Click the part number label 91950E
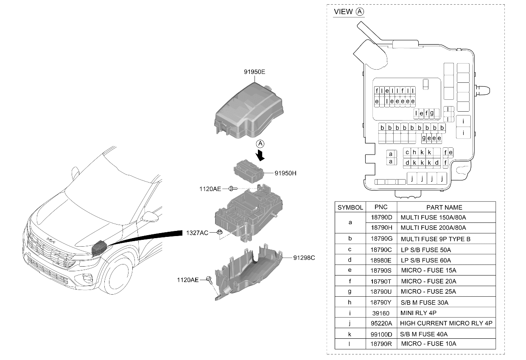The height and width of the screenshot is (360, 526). point(255,72)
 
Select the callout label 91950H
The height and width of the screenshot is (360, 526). point(285,173)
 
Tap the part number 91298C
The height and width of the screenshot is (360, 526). point(304,258)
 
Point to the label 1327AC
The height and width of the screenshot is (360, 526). point(197,233)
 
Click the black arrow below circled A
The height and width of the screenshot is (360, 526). point(260,155)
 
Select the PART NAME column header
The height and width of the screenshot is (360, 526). point(444,207)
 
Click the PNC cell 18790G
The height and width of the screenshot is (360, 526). point(382,239)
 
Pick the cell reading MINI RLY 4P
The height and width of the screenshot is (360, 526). point(418,313)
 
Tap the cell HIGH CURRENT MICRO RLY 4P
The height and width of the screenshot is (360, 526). point(446,323)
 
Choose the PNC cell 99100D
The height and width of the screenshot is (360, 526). point(381,334)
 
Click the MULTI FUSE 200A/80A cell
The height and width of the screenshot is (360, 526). point(433,228)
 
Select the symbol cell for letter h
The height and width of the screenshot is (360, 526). point(350,302)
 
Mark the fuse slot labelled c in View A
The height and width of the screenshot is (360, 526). point(407,152)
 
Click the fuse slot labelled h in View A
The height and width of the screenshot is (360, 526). point(414,152)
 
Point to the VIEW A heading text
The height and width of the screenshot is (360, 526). point(349,11)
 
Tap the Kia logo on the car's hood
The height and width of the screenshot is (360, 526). point(51,240)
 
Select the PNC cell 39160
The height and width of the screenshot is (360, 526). point(381,313)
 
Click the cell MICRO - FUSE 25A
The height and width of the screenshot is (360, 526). point(428,291)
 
